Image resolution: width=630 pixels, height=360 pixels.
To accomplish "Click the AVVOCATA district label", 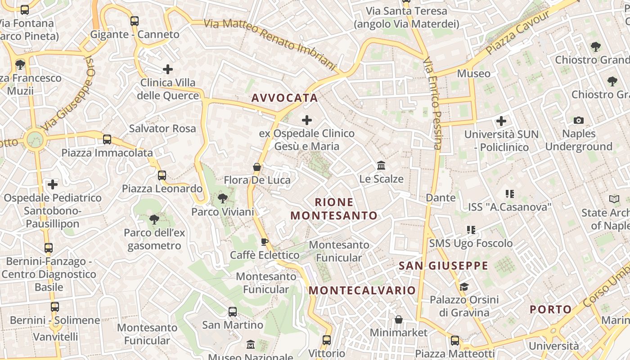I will tap(284, 98).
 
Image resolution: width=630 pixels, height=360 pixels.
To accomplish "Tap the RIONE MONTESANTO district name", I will tap(334, 209).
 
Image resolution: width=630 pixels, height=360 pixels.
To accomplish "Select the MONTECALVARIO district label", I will tap(362, 290).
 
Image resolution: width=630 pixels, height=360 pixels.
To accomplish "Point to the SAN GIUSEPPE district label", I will tap(443, 265).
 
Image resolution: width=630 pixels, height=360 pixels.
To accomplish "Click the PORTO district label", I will tap(550, 310).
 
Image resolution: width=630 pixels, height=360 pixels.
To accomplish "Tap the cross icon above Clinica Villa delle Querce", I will tap(168, 69).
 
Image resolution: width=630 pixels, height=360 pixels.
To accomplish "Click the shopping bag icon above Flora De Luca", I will tap(257, 167).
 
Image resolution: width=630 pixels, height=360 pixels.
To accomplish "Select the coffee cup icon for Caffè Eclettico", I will tap(265, 242).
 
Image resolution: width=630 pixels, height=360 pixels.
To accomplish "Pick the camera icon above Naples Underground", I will tap(579, 120).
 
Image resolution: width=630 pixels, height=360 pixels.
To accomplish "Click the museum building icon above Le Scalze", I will tap(381, 166).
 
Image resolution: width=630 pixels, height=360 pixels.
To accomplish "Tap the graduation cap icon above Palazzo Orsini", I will tap(463, 287).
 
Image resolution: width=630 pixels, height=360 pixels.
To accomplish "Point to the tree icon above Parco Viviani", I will tap(222, 198).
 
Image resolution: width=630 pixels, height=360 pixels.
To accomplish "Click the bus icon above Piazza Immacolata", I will tap(107, 139).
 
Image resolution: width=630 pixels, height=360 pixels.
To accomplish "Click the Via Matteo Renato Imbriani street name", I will tap(270, 44).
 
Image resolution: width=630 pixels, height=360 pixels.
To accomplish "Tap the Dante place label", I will tap(441, 198).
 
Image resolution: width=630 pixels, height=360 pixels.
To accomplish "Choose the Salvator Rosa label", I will tap(162, 129).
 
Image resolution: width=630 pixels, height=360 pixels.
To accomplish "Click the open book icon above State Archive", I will tap(614, 199).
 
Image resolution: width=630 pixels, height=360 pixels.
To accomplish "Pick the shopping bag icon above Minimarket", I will tap(398, 319).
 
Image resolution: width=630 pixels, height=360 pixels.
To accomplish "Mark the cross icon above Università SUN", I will tap(501, 121).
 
